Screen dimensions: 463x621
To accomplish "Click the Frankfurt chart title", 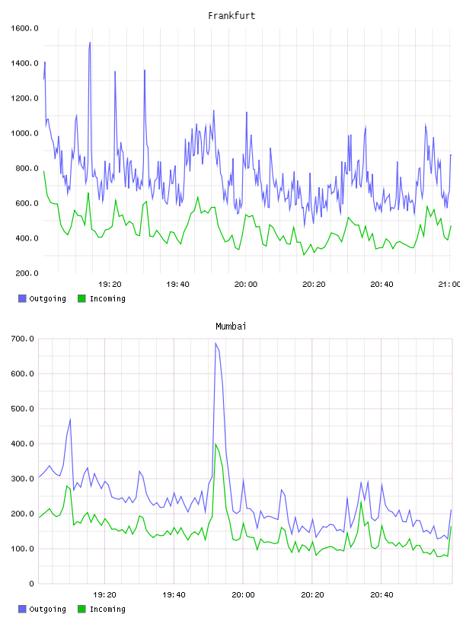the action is (231, 16).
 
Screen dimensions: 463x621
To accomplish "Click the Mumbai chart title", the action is (231, 326).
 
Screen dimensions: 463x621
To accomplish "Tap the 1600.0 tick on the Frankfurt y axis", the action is (24, 28).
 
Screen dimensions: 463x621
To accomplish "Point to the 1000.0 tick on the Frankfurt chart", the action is (24, 133).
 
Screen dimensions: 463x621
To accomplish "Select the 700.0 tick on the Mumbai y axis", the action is (23, 339).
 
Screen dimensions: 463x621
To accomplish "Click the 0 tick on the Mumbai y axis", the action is (32, 584).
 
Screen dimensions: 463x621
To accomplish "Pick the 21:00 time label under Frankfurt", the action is (449, 284).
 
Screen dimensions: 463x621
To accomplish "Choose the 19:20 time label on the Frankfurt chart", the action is (110, 284).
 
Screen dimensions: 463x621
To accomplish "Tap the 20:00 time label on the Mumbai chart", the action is (243, 594).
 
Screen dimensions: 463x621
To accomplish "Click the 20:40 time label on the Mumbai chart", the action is (382, 594).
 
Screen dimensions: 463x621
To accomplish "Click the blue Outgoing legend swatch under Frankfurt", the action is (22, 298).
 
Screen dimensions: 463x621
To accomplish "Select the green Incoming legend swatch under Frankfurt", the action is (81, 298).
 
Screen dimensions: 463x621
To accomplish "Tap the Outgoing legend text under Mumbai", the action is (47, 609).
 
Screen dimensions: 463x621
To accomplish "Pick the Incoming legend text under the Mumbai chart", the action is (107, 609).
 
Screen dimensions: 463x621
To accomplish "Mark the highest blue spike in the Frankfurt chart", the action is (90, 43).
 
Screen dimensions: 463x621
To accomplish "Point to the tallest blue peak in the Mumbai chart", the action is (216, 343).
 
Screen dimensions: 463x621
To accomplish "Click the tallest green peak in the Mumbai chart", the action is (216, 444).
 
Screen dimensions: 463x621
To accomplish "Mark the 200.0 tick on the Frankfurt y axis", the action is (24, 273).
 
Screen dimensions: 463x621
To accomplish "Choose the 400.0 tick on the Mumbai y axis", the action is (23, 444).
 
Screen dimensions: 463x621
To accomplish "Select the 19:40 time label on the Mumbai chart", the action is (174, 594).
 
